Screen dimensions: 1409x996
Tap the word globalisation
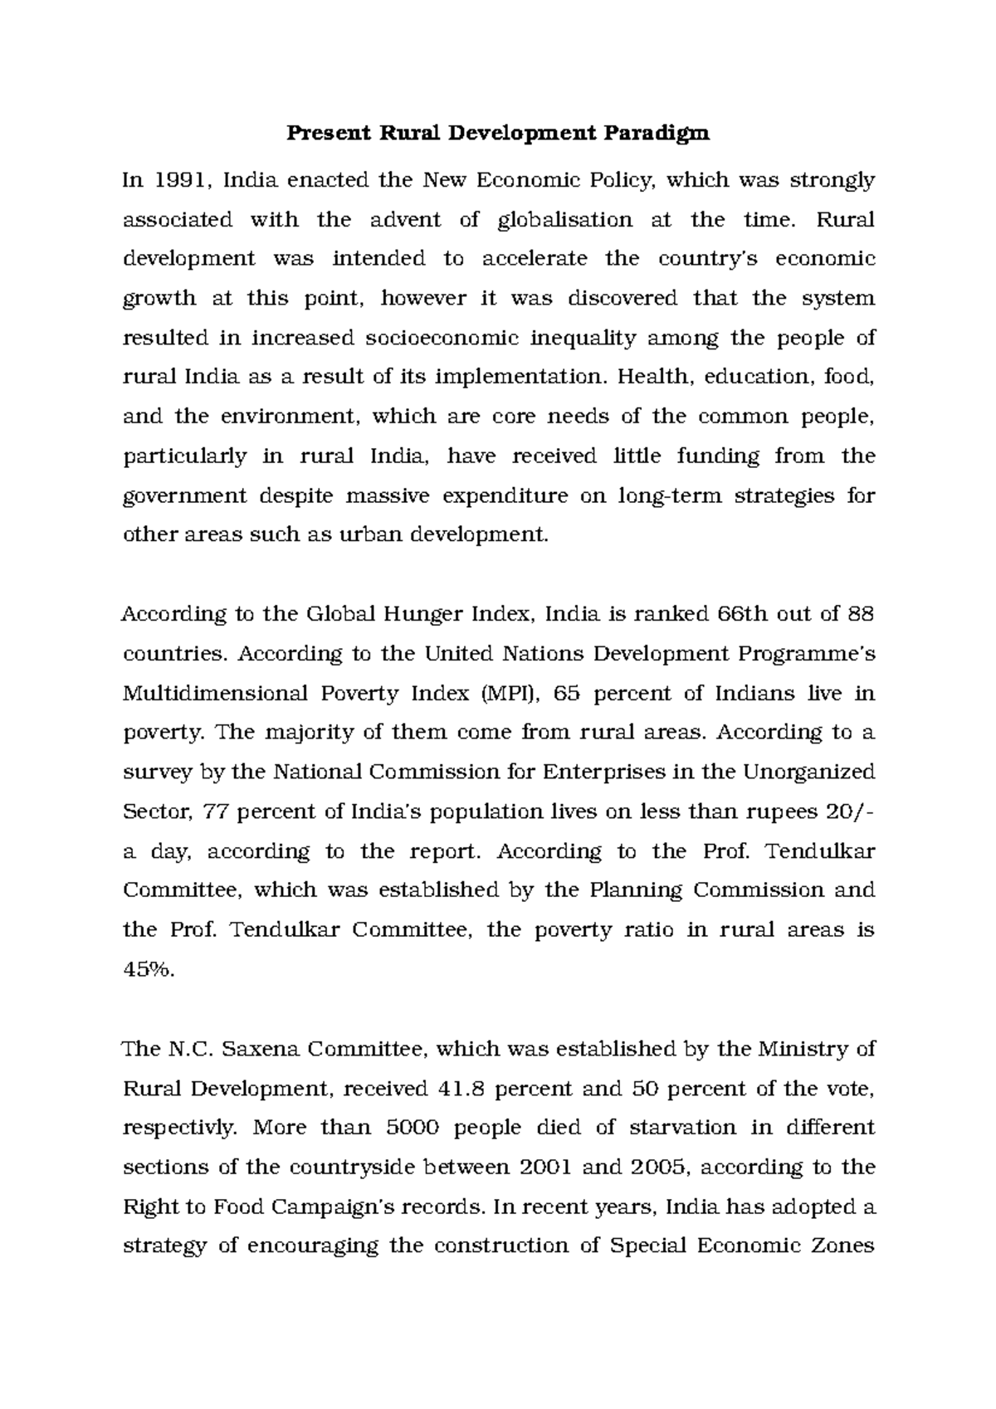(564, 220)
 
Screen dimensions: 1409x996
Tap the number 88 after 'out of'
(859, 615)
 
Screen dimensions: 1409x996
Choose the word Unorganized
(808, 773)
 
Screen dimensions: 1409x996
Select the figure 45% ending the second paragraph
(149, 970)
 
